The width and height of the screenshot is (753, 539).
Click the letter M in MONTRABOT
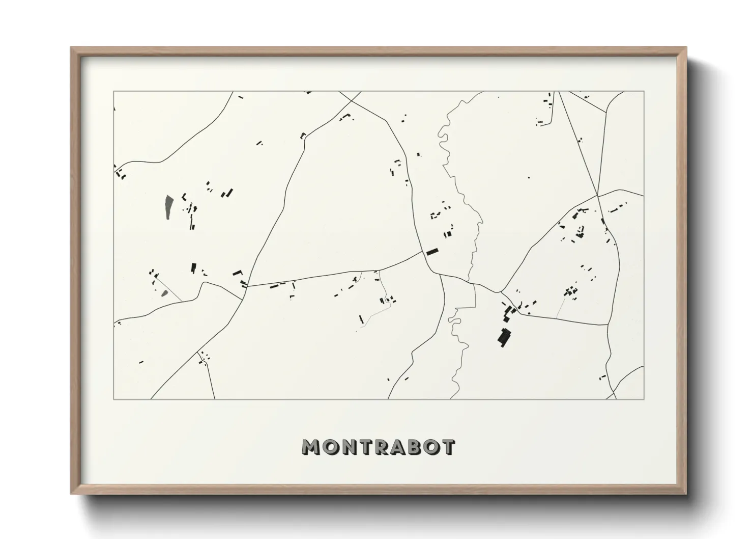(x=311, y=447)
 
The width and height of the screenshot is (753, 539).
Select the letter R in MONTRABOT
(x=378, y=447)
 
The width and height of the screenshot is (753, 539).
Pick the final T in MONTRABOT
(x=448, y=447)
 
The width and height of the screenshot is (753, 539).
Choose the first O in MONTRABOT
(x=329, y=447)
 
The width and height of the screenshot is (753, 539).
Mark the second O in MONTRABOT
(x=430, y=447)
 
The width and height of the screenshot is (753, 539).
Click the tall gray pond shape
(x=168, y=207)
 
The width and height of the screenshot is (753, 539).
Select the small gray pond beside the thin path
(x=164, y=292)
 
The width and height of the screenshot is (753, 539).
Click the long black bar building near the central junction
(x=432, y=251)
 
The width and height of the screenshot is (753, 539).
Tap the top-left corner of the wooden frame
(x=71, y=48)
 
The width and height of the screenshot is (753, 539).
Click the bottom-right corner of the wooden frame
(x=686, y=494)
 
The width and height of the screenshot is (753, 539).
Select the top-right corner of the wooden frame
(x=686, y=48)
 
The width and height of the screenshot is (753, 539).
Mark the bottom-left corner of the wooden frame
(x=71, y=494)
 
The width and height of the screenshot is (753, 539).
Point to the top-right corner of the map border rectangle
(x=644, y=92)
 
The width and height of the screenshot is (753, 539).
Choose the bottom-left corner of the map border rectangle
(x=113, y=399)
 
